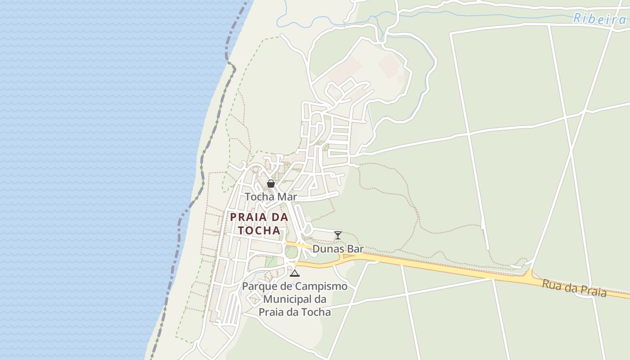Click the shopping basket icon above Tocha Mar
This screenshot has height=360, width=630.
(271, 184)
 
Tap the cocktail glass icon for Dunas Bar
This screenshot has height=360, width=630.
(338, 235)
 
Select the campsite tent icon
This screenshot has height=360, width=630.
(294, 273)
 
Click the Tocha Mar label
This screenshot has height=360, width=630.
(271, 197)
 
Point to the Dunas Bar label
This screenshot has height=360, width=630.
(338, 249)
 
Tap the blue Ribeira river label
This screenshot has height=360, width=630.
(599, 18)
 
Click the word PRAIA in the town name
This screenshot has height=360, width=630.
(247, 217)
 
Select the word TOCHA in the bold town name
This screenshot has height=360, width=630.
(259, 230)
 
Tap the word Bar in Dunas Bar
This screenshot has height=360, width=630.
(355, 249)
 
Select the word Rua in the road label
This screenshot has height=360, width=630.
(551, 284)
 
